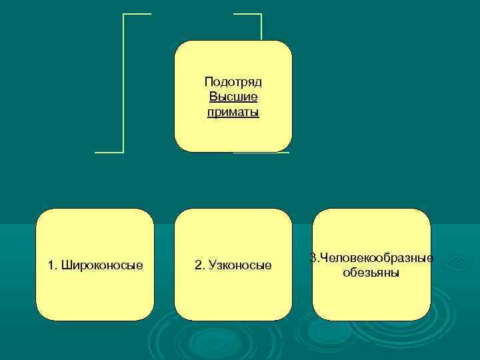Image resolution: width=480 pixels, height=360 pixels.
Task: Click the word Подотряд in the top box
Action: pos(233,82)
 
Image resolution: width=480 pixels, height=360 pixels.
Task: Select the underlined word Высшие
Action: pos(233,97)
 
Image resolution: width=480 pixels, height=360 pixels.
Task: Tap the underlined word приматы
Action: pos(233,112)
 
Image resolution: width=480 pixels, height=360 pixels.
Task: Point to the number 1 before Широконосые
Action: pos(51,265)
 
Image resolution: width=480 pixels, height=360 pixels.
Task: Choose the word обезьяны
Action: pos(371,273)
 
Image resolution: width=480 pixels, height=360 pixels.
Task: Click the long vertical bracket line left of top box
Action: pos(124,83)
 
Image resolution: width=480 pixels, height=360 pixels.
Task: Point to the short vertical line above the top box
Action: pos(261,27)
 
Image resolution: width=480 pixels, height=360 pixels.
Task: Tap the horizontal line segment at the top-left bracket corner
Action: pos(137,14)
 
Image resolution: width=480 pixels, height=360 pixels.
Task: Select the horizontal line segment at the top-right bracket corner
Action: pos(247,14)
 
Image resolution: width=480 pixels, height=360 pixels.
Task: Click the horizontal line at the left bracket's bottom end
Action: pos(109,153)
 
